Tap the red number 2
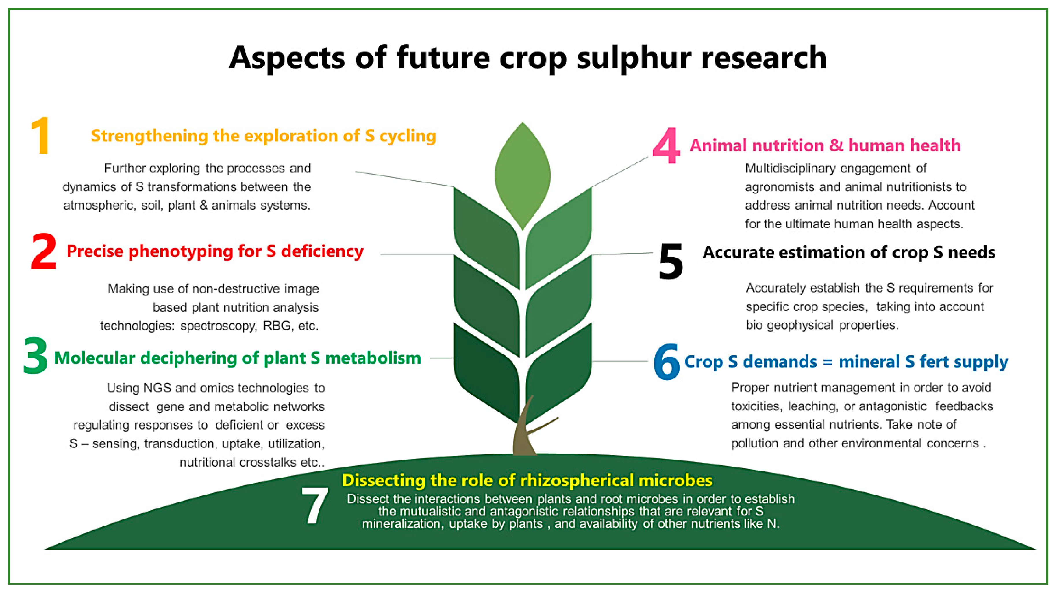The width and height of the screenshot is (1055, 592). click(x=43, y=251)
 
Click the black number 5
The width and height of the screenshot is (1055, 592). click(x=671, y=261)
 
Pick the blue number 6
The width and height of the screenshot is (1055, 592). click(x=666, y=362)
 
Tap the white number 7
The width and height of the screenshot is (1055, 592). click(x=314, y=505)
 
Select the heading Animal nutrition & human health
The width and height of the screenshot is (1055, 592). click(x=825, y=145)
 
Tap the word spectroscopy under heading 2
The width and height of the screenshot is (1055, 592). click(x=218, y=326)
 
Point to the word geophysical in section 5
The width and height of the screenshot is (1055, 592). click(x=800, y=325)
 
